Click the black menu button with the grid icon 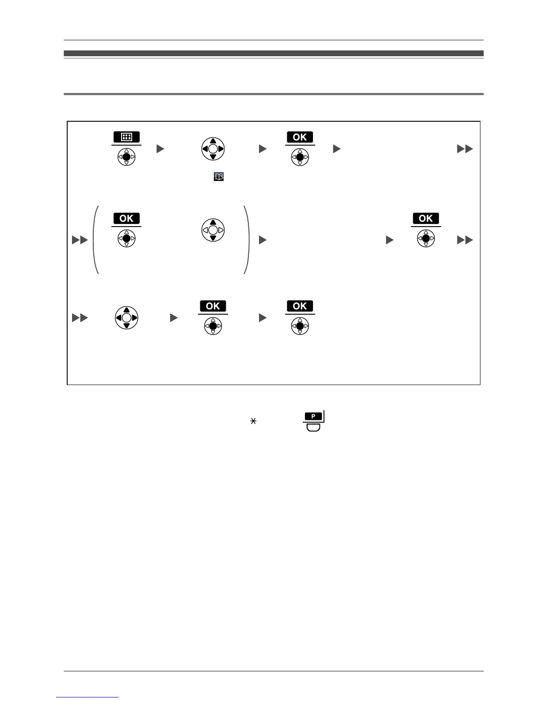[x=126, y=137]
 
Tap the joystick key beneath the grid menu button [x=126, y=157]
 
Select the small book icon [x=219, y=177]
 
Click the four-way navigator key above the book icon [x=213, y=149]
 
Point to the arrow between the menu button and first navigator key [x=160, y=149]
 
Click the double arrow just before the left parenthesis [x=80, y=240]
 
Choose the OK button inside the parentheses [x=126, y=218]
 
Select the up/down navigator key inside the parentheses [x=213, y=230]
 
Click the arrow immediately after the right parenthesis [x=263, y=240]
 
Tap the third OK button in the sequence [x=426, y=218]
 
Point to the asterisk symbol [x=253, y=421]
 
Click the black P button [x=313, y=416]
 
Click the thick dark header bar [x=274, y=53]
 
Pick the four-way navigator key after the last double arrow [x=126, y=318]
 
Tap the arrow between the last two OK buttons [x=263, y=318]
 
